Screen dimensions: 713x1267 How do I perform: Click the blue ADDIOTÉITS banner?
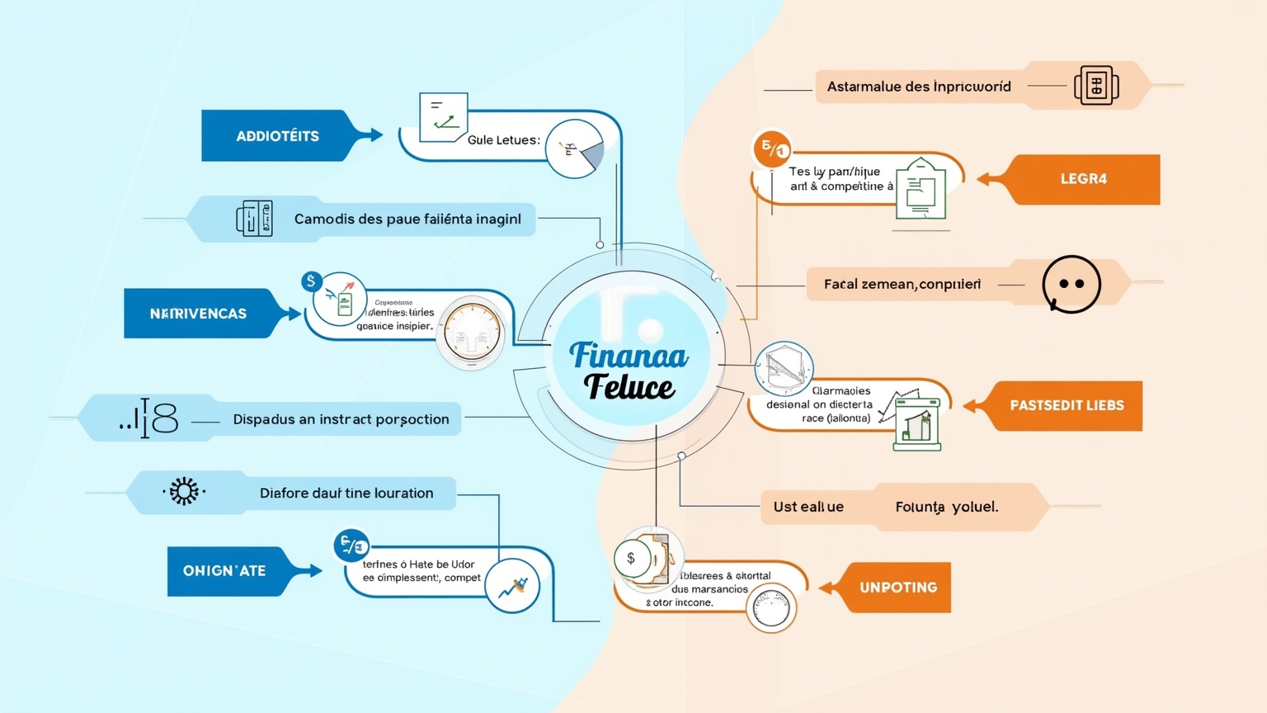277,136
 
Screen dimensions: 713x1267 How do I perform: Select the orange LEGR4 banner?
1083,179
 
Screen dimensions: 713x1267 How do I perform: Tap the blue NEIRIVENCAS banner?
198,314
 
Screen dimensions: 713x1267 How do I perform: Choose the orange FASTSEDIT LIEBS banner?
1066,405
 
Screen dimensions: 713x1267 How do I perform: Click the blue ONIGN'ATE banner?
224,571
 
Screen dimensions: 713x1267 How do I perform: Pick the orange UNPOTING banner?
897,588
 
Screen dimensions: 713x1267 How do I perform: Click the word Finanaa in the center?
629,356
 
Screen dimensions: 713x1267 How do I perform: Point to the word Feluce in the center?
629,386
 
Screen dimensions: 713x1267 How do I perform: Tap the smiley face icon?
1071,284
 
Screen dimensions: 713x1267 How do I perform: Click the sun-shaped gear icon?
183,491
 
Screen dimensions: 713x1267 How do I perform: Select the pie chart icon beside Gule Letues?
575,149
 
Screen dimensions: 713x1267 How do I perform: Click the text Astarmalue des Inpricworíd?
919,87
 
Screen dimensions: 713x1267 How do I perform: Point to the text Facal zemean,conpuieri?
902,284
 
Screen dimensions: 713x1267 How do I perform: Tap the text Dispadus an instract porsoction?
341,419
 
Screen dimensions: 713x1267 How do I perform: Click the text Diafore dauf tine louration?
346,493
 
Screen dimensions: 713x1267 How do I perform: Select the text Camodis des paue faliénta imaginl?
407,219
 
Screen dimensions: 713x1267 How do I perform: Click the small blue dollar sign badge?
311,281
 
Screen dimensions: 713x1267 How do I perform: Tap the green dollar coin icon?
631,559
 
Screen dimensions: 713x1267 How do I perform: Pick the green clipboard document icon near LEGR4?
921,189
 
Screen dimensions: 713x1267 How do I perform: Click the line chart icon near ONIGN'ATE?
512,587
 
